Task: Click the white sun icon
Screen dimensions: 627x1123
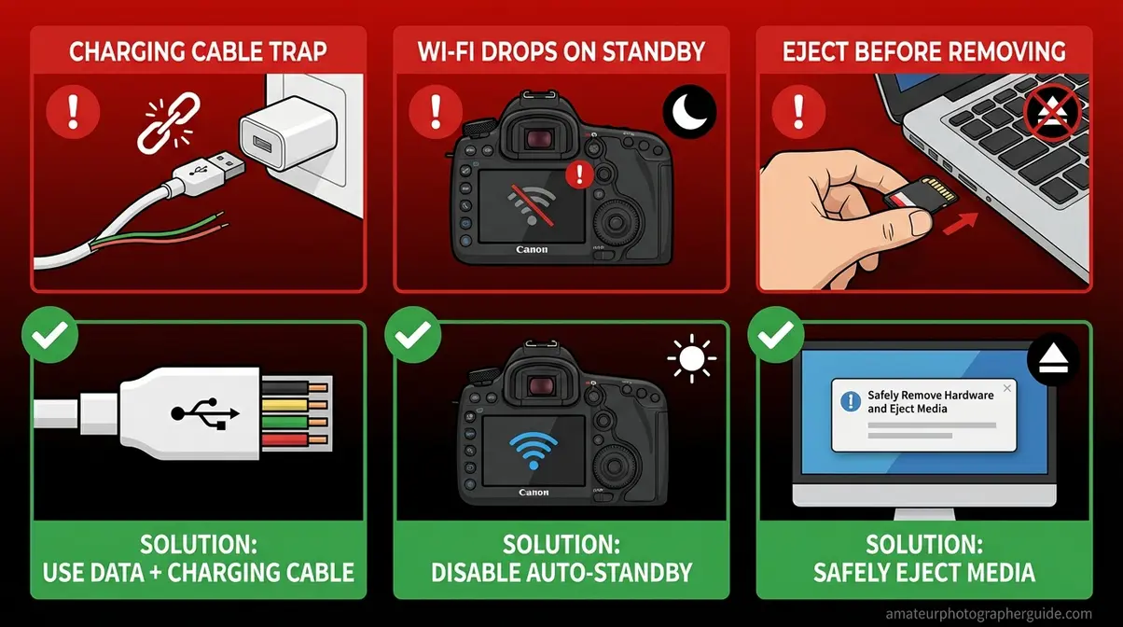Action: [692, 358]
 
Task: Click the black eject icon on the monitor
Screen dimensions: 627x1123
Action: [1052, 358]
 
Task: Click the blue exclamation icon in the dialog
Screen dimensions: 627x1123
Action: [850, 401]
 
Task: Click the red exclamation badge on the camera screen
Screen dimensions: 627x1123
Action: [583, 174]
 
